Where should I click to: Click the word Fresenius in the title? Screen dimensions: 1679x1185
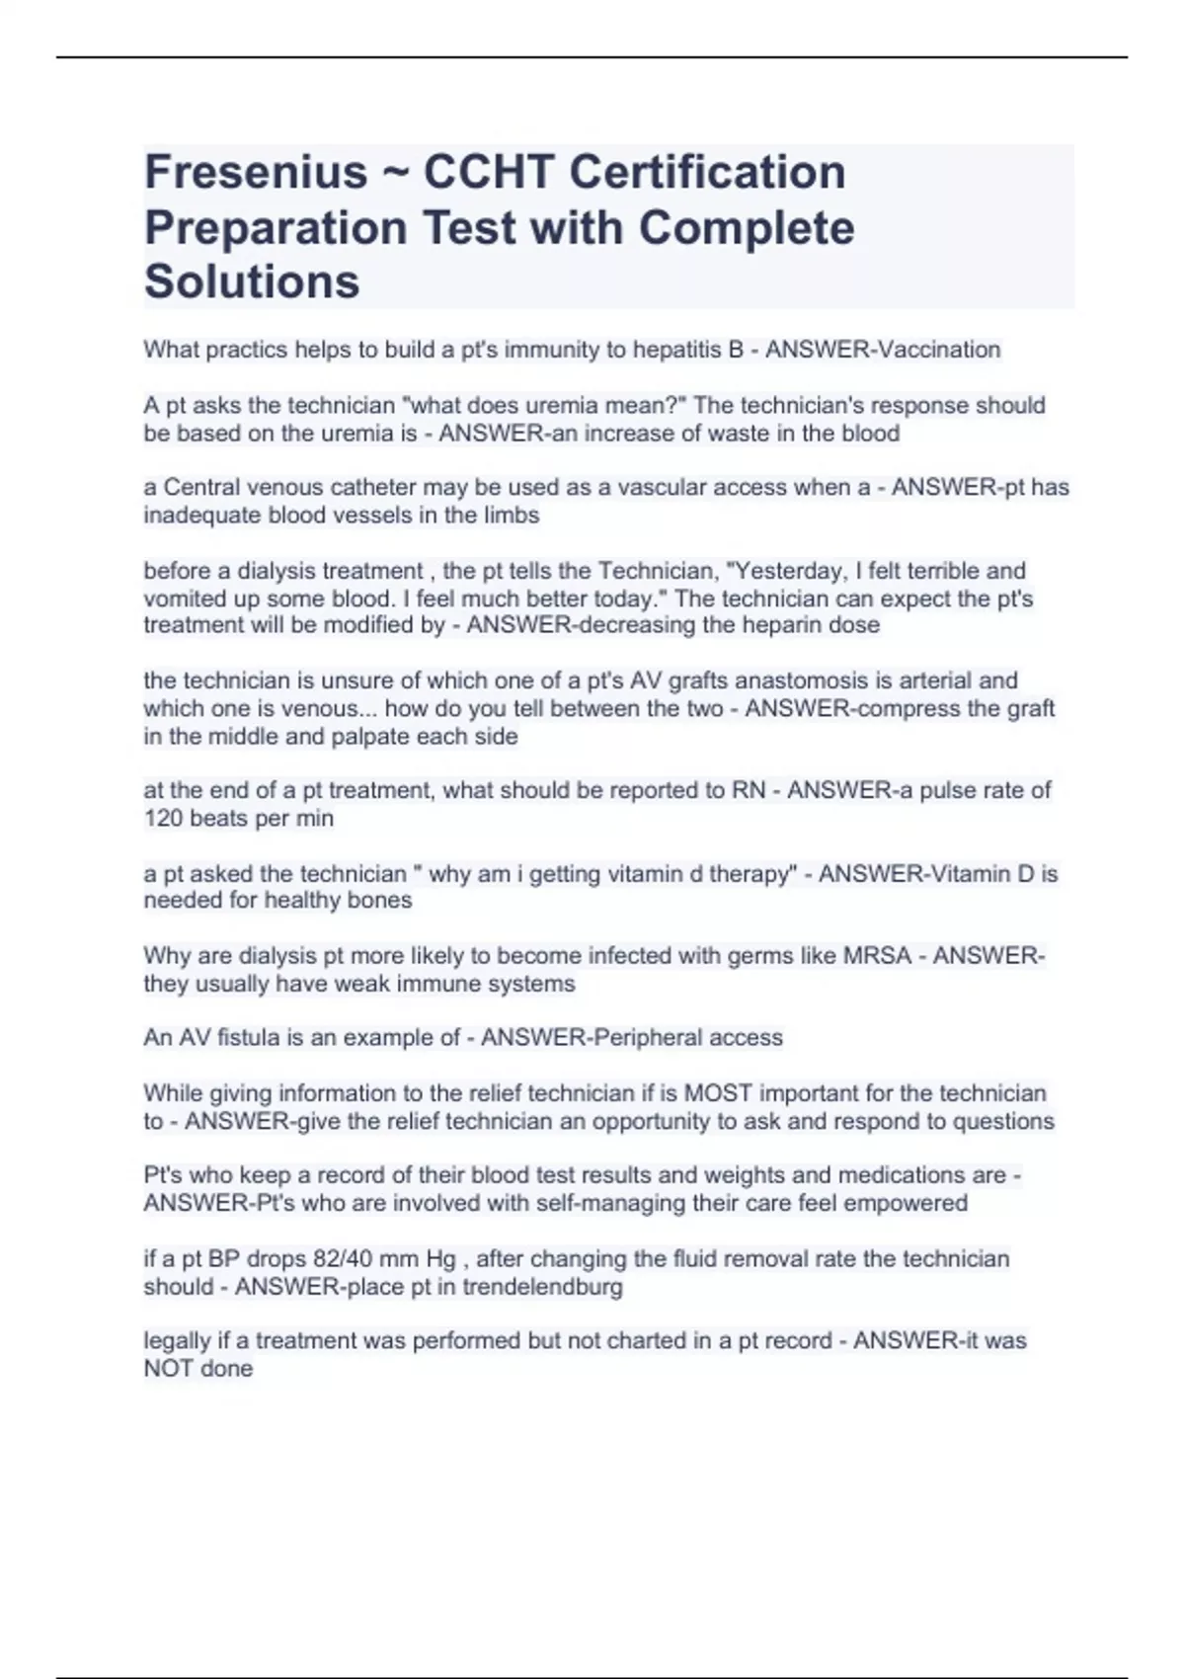[256, 173]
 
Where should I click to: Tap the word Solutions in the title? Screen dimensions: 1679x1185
[252, 281]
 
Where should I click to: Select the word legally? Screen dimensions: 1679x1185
[176, 1341]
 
